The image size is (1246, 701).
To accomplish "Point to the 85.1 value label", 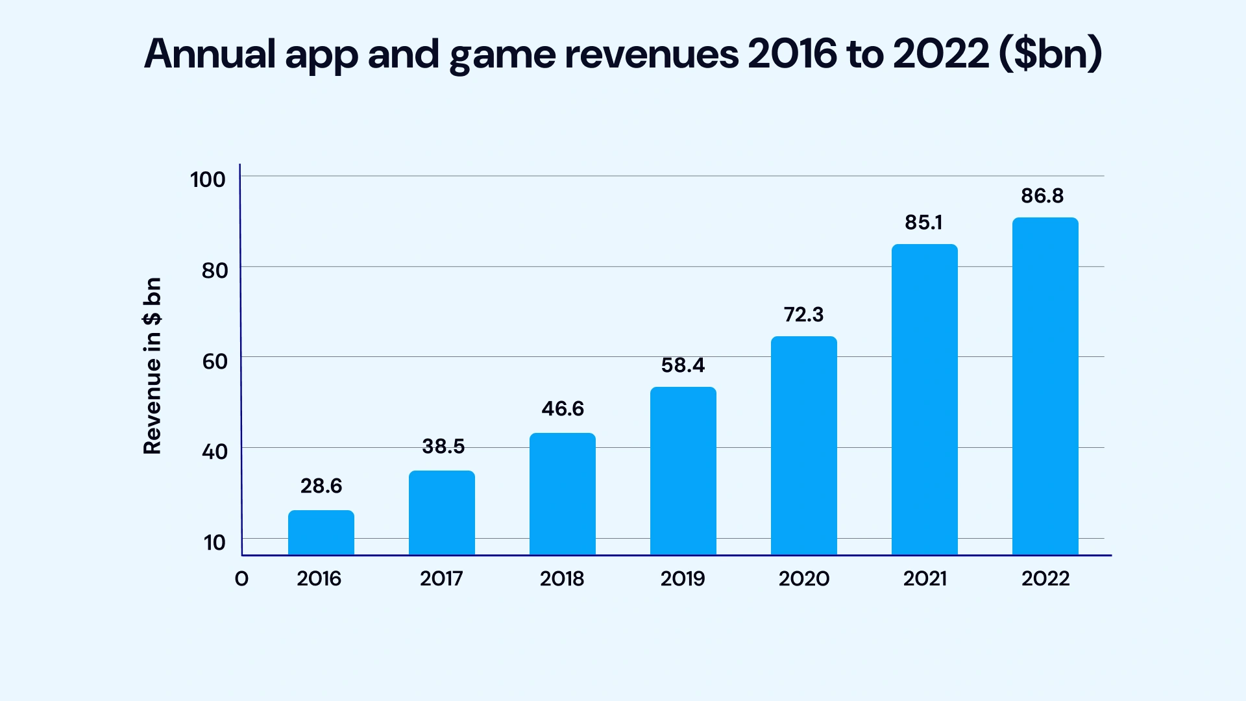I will (923, 223).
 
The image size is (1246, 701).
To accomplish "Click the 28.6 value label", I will (321, 486).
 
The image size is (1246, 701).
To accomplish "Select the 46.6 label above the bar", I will (563, 408).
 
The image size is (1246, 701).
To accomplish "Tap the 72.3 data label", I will (803, 314).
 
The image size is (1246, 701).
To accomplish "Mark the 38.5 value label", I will (443, 446).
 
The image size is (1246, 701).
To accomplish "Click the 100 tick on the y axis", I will (208, 179).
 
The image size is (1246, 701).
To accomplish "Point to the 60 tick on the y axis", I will (215, 361).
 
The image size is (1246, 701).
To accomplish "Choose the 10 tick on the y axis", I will (215, 542).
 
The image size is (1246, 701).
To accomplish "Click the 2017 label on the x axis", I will (441, 578).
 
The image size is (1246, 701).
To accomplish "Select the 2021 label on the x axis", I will (925, 578).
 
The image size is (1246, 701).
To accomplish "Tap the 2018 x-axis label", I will (562, 578).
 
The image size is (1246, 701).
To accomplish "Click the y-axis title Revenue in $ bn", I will (152, 366).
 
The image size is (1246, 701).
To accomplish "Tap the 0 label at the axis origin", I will (241, 578).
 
